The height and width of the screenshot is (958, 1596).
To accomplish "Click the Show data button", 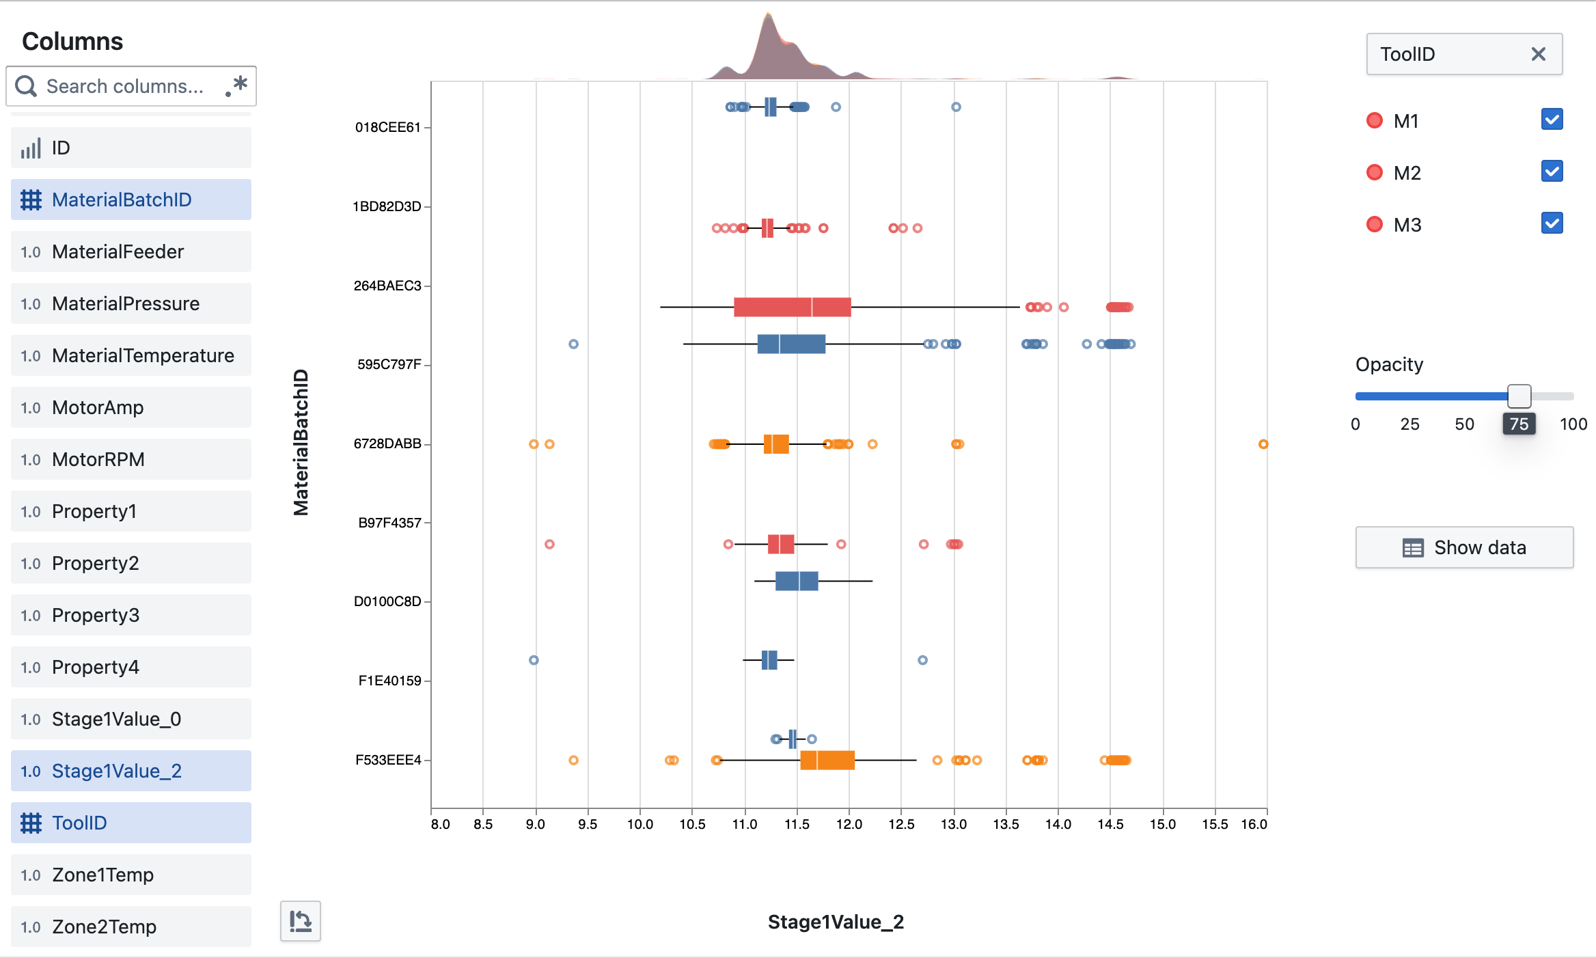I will pos(1464,547).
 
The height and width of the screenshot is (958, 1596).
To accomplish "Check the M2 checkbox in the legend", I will pos(1552,172).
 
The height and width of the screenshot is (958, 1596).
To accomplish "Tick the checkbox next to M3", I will pos(1552,223).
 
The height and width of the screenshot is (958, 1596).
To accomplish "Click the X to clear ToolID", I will pos(1538,54).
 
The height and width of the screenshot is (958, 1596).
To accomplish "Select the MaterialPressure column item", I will pos(131,303).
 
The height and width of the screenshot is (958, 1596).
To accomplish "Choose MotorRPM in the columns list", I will pos(131,459).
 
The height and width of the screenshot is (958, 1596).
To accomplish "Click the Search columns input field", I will pos(126,86).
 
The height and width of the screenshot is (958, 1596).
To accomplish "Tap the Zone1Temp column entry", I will pos(131,875).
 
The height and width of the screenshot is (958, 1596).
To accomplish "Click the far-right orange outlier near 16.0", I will pos(1263,444).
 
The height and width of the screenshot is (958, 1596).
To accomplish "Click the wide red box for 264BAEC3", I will pos(792,307).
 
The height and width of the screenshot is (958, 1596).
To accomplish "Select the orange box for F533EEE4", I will pos(827,760).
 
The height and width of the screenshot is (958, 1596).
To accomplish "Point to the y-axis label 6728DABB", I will pos(387,444).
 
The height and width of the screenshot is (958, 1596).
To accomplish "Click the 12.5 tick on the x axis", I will pos(901,824).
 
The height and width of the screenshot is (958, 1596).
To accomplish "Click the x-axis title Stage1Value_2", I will pos(835,922).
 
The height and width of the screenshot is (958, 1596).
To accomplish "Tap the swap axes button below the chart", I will pos(300,921).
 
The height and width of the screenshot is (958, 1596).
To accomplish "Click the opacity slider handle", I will pos(1519,396).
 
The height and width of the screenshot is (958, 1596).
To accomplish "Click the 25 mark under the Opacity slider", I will pos(1409,424).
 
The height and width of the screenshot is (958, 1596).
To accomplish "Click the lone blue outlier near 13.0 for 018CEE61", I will pos(956,107).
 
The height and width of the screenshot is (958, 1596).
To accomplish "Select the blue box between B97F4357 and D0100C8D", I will pos(796,581).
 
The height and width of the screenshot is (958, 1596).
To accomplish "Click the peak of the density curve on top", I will pos(769,15).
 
